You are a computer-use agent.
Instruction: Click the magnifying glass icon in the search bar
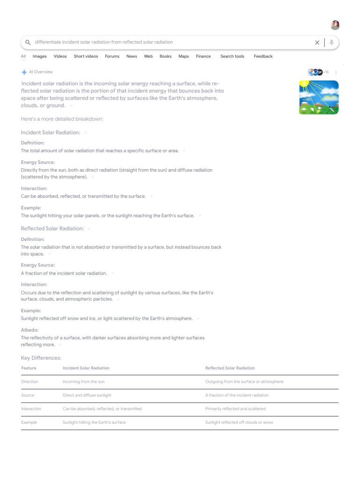(28, 42)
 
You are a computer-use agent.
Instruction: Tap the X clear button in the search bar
(317, 43)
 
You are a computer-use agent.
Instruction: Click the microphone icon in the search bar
(331, 43)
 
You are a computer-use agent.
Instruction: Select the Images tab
(39, 56)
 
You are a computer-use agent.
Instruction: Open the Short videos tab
(86, 56)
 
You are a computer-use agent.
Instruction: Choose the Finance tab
(203, 56)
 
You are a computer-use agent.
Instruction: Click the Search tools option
(232, 56)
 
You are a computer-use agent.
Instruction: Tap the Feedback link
(263, 56)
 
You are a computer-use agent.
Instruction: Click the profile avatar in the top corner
(335, 25)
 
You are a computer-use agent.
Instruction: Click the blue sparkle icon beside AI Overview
(24, 72)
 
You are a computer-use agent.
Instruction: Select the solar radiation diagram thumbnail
(319, 97)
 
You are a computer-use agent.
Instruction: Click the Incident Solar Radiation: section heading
(51, 133)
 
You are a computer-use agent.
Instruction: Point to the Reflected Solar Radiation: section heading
(52, 229)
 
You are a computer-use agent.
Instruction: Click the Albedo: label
(30, 330)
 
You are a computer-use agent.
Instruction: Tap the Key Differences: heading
(41, 358)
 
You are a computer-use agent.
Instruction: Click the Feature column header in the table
(29, 368)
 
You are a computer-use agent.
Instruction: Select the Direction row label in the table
(30, 382)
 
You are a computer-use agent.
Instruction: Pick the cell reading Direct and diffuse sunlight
(87, 395)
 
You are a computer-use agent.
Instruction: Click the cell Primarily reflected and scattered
(235, 409)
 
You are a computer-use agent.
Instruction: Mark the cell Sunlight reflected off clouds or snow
(239, 422)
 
